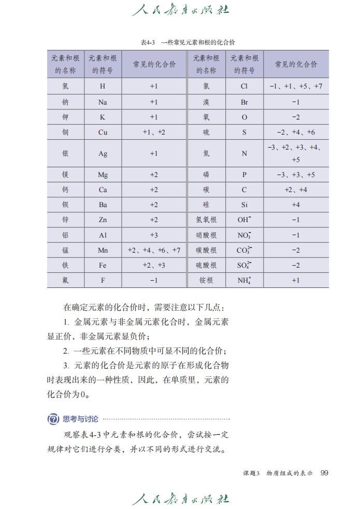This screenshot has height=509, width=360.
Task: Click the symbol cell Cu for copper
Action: pos(103,132)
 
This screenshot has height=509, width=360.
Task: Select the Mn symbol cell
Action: pos(103,250)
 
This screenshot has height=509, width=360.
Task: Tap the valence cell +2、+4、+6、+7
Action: pos(154,250)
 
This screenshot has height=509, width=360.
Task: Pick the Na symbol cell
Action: pos(103,102)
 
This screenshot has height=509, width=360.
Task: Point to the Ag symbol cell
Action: pos(103,153)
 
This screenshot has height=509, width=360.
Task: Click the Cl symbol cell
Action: pos(244,86)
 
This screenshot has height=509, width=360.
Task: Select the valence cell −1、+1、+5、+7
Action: pos(296,86)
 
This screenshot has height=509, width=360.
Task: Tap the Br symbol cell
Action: pos(244,102)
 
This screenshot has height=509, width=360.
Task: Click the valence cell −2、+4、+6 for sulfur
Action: pos(296,132)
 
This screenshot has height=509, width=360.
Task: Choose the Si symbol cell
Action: pos(244,205)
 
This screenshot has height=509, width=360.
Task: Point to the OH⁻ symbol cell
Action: pos(244,220)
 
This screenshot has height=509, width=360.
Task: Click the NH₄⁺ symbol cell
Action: pos(244,280)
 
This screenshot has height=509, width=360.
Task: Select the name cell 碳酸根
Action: pos(206,250)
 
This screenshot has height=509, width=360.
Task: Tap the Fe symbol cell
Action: pos(103,265)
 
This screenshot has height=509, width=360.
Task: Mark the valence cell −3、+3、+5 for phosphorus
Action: pos(296,174)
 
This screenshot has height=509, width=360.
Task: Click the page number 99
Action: pos(325,473)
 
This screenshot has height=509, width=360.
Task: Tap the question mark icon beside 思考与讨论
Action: pos(53,419)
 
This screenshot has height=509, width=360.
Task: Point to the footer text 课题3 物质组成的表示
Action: pos(278,473)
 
